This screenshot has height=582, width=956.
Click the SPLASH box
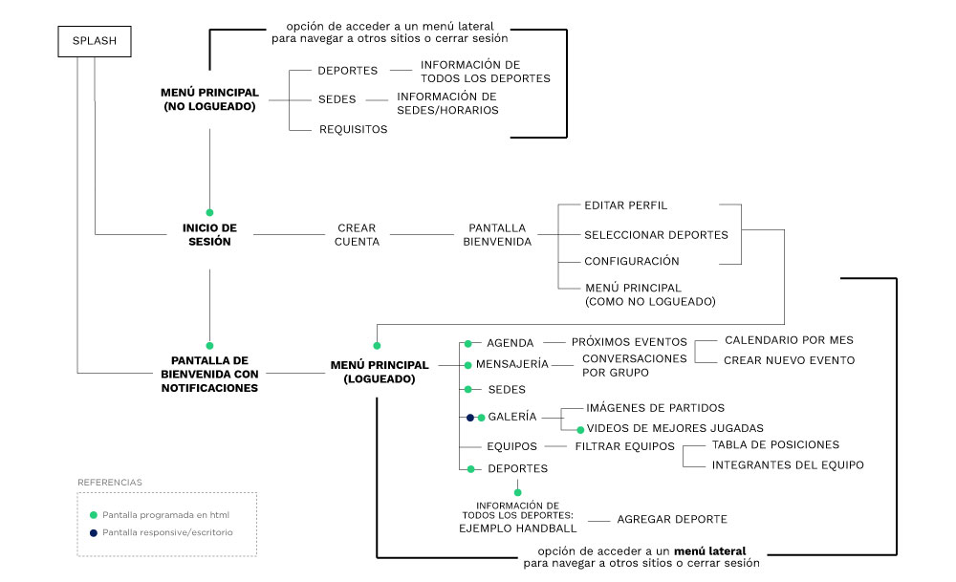pyautogui.click(x=95, y=41)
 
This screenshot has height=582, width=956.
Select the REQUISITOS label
pyautogui.click(x=353, y=129)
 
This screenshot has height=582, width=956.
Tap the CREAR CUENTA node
pyautogui.click(x=357, y=235)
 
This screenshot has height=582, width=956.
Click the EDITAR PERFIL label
pyautogui.click(x=625, y=205)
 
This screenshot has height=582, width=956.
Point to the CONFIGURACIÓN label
pyautogui.click(x=631, y=261)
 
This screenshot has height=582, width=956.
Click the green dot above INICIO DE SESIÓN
pyautogui.click(x=209, y=212)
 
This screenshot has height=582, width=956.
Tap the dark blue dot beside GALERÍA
pyautogui.click(x=469, y=418)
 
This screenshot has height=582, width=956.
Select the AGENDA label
pyautogui.click(x=510, y=342)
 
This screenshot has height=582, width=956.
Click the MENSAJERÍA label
pyautogui.click(x=517, y=364)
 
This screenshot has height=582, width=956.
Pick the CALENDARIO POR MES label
pyautogui.click(x=789, y=339)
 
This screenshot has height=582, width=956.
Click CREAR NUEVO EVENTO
pyautogui.click(x=789, y=360)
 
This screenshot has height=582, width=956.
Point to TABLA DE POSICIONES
pyautogui.click(x=775, y=444)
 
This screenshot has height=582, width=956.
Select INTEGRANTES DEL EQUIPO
pyautogui.click(x=788, y=465)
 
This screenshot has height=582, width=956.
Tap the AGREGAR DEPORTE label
pyautogui.click(x=672, y=519)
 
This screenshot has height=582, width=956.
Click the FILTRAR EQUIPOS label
pyautogui.click(x=624, y=446)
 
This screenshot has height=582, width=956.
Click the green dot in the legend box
pyautogui.click(x=93, y=515)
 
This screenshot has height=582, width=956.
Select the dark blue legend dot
pyautogui.click(x=93, y=532)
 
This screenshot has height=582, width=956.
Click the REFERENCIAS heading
pyautogui.click(x=110, y=483)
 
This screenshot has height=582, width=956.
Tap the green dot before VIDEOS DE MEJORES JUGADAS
pyautogui.click(x=579, y=429)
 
